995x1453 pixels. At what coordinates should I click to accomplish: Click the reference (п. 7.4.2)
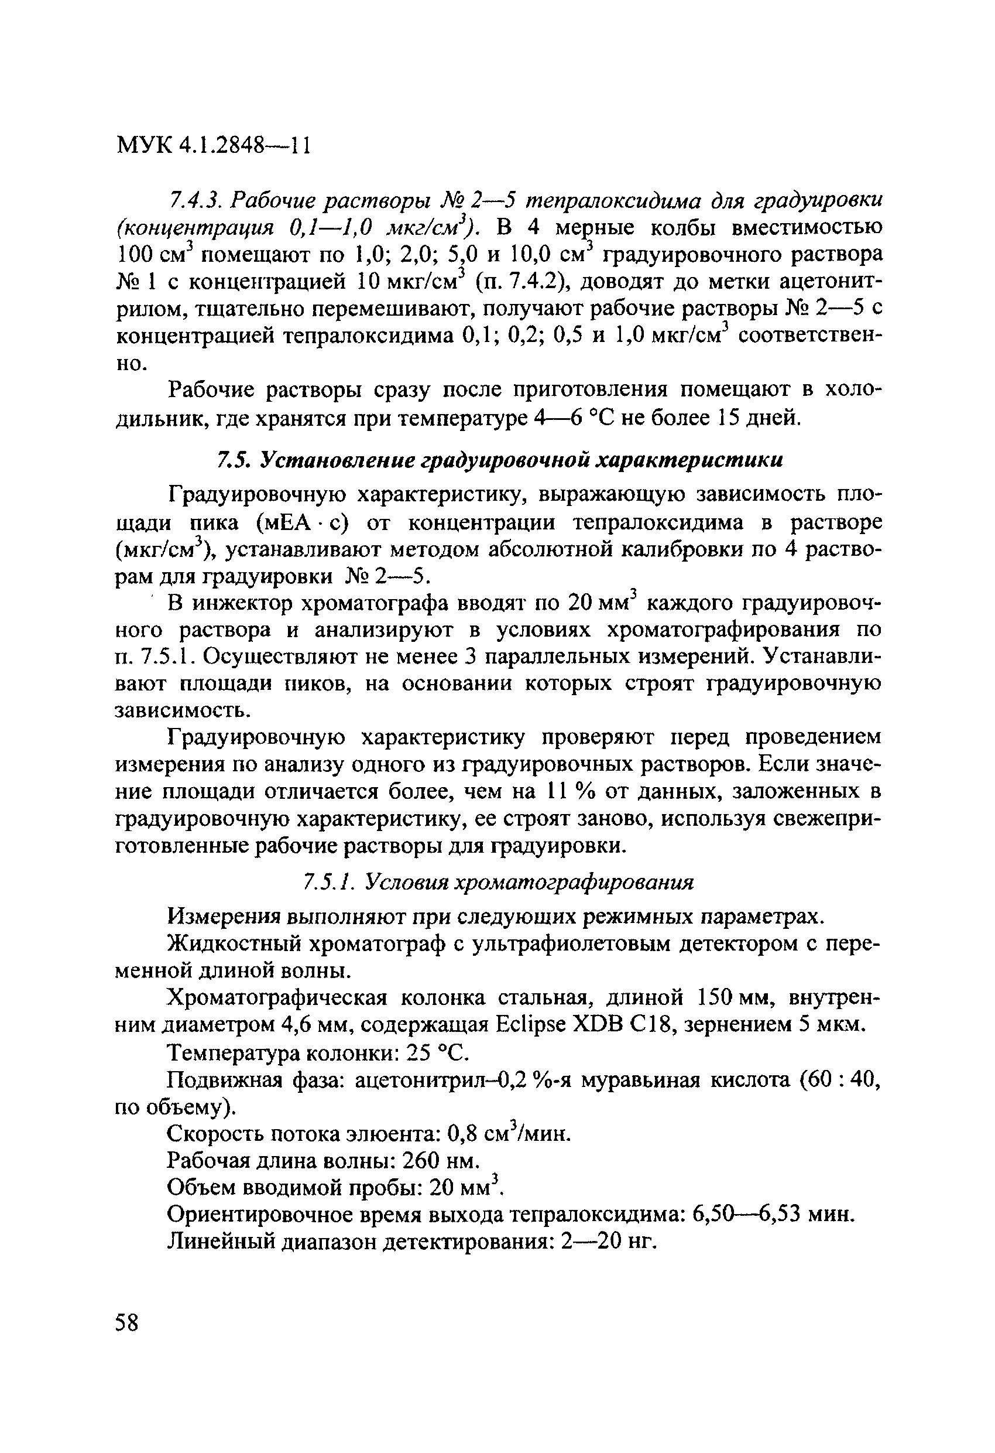[x=521, y=282]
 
